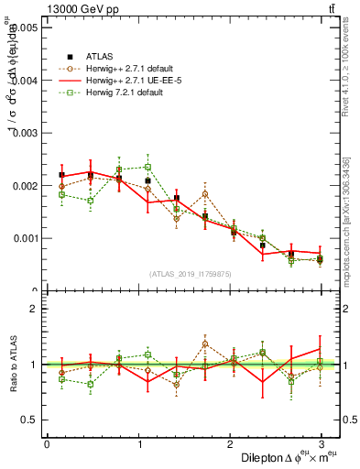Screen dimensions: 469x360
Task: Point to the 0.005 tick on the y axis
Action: pyautogui.click(x=26, y=28)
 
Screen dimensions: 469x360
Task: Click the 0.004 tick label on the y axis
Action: pyautogui.click(x=26, y=81)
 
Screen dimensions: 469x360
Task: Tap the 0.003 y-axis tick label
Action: pyautogui.click(x=26, y=134)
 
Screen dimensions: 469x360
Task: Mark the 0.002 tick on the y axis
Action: pyautogui.click(x=26, y=186)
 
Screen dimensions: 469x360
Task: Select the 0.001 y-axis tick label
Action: pyautogui.click(x=26, y=238)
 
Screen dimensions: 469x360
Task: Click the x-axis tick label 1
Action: pyautogui.click(x=138, y=443)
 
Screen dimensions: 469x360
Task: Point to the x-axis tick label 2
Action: pyautogui.click(x=230, y=443)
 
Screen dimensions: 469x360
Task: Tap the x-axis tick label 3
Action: pyautogui.click(x=322, y=443)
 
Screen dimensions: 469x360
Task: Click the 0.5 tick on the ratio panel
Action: pyautogui.click(x=31, y=420)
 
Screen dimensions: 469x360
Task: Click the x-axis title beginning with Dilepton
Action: pyautogui.click(x=285, y=457)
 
